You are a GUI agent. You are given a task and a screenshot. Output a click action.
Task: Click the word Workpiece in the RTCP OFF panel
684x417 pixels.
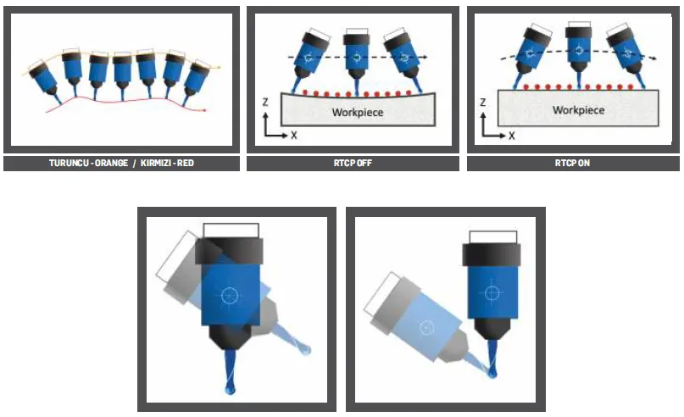coord(358,112)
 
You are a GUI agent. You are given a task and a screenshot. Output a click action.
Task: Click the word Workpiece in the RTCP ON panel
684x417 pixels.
coord(578,110)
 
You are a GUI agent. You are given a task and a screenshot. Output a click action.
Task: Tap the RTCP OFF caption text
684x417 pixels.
coord(353,163)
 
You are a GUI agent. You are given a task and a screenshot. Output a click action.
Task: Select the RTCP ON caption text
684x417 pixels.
coord(572,163)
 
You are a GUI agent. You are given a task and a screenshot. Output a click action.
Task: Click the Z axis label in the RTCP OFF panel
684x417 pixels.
coord(264,103)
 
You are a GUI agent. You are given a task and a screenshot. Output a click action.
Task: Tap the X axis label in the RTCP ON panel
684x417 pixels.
coord(512,136)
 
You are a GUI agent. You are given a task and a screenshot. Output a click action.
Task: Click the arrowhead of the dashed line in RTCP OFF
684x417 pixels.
coord(425,57)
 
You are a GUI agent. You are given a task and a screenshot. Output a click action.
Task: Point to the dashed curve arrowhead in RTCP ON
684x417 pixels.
coord(653,58)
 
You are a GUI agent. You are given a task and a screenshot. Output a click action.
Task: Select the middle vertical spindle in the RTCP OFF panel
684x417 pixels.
coord(356,60)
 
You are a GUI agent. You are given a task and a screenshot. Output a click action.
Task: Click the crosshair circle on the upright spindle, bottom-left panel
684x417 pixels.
coord(230,296)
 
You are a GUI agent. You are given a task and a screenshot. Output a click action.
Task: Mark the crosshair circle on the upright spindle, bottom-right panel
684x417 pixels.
coord(492,292)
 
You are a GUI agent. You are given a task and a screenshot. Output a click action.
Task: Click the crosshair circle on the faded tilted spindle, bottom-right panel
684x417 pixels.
coord(426,326)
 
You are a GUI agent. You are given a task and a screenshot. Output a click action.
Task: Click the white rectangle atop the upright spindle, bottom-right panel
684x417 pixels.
coord(493,237)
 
